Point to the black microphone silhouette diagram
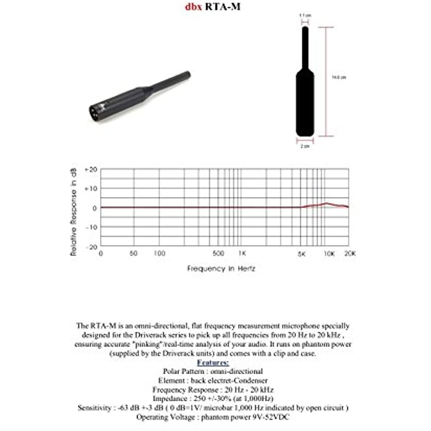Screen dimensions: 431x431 click(x=305, y=95)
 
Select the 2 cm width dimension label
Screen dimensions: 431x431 click(x=305, y=146)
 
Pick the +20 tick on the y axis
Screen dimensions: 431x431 click(x=91, y=169)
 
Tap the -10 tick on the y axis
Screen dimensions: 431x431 click(x=91, y=227)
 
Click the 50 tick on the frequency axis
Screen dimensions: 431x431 click(x=134, y=253)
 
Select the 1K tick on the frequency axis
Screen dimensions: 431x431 click(x=242, y=253)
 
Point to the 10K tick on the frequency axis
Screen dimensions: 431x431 click(x=329, y=253)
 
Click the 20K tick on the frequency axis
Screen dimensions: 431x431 click(x=350, y=253)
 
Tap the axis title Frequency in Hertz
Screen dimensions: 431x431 click(x=221, y=268)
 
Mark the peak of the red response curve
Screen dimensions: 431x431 click(x=327, y=203)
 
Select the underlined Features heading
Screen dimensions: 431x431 click(x=213, y=362)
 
